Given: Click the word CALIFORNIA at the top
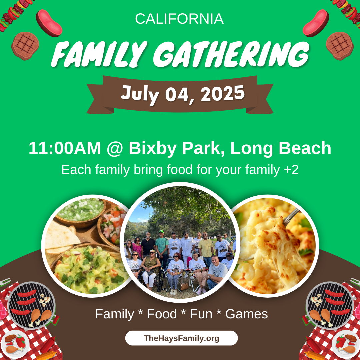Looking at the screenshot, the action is (x=179, y=19).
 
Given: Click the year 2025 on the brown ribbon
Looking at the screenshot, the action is (x=223, y=93).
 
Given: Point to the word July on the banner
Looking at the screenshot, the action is (x=140, y=94).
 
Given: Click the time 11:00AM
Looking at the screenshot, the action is (x=65, y=148).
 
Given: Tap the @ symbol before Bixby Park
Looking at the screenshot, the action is (x=115, y=149).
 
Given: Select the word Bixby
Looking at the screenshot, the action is (x=153, y=149).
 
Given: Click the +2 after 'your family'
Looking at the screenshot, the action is (x=291, y=170).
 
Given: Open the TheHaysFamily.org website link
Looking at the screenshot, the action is (x=181, y=338).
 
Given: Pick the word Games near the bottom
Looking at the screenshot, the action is (x=247, y=314).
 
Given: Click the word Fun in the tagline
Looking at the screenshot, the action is (x=201, y=314).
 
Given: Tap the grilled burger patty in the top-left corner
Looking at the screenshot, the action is (x=25, y=46).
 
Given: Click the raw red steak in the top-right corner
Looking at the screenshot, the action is (x=316, y=23).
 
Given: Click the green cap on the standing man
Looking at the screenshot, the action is (x=161, y=231).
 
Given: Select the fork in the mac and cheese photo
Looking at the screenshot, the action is (x=291, y=217).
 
